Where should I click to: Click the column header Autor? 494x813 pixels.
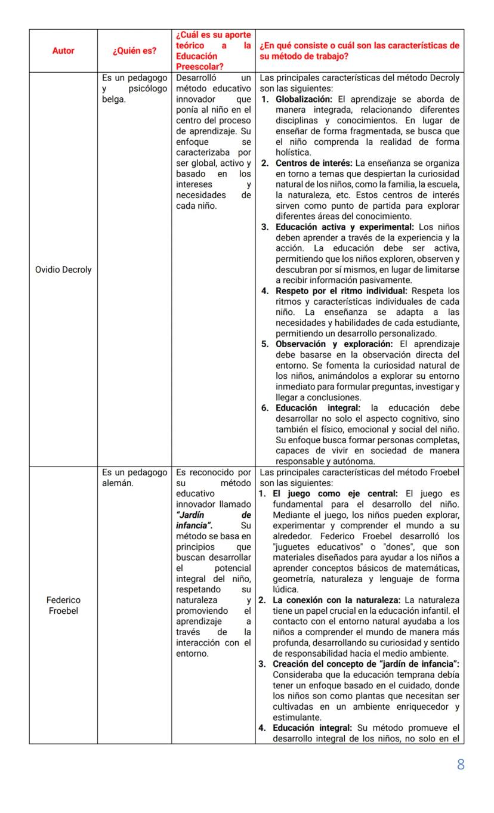[x=63, y=51]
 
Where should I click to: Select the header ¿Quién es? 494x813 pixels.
[x=134, y=51]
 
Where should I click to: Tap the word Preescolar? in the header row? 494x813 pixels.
[x=196, y=67]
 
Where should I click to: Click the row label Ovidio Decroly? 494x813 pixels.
[x=63, y=270]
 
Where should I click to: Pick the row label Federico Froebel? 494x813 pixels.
[x=63, y=605]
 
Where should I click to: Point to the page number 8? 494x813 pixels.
[x=460, y=765]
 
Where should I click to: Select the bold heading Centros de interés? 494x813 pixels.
[x=314, y=163]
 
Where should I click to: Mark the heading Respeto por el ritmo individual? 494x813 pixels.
[x=342, y=291]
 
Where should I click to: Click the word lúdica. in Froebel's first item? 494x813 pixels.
[x=286, y=589]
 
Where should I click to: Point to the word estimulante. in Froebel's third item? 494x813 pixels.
[x=297, y=718]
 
